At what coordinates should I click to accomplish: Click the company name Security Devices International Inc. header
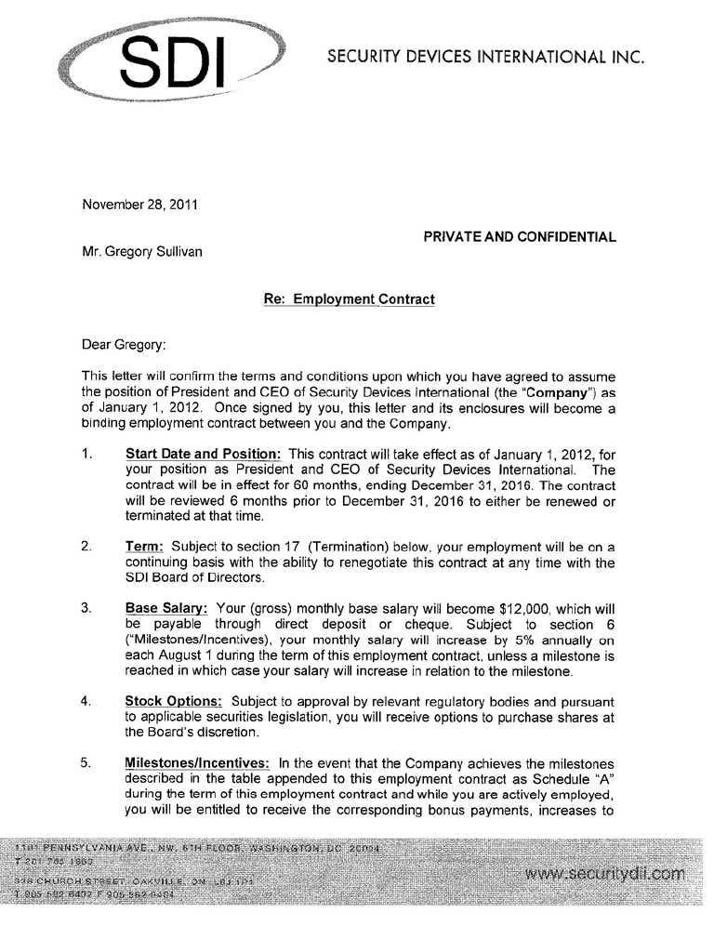click(x=486, y=57)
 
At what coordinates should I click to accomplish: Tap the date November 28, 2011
click(x=140, y=205)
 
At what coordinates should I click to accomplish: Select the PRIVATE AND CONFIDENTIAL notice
click(x=520, y=237)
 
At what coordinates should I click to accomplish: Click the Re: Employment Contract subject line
click(x=350, y=299)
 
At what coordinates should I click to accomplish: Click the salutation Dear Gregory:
click(x=125, y=345)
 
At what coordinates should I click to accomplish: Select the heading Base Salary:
click(x=166, y=608)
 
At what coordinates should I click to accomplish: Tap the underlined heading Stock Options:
click(x=174, y=701)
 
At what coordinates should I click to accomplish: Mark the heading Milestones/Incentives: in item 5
click(x=197, y=762)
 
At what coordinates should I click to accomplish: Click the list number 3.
click(x=86, y=608)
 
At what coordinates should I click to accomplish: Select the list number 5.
click(x=86, y=762)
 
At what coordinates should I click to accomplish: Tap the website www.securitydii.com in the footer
click(x=604, y=874)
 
